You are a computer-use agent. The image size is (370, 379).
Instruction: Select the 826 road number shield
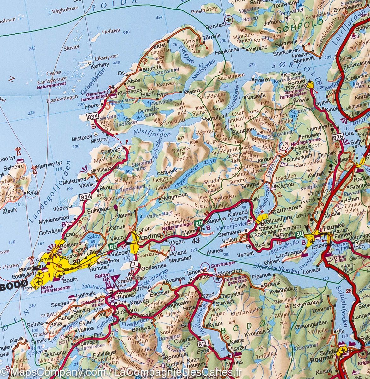[x=338, y=136]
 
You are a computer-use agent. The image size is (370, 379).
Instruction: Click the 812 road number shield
[x=203, y=343]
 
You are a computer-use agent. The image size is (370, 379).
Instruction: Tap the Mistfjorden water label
[x=152, y=133]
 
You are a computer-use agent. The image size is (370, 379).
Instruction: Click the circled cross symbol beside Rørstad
[x=228, y=20]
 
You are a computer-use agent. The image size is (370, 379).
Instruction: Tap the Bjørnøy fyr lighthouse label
[x=48, y=164]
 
